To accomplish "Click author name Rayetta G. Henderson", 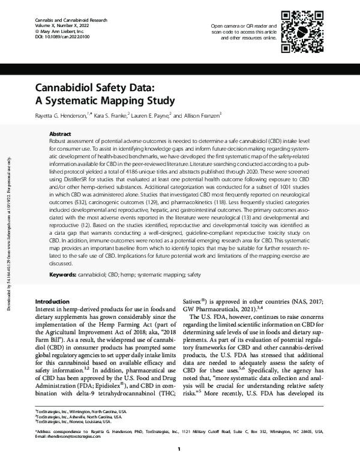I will pos(70,115).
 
